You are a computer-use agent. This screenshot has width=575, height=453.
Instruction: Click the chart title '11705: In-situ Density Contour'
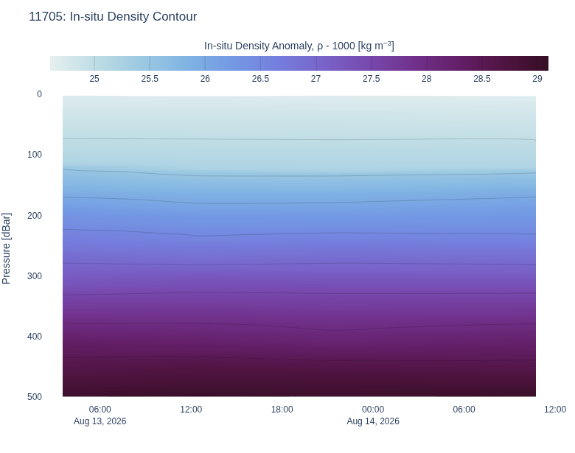113,16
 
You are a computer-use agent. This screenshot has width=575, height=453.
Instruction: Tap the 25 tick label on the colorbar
94,79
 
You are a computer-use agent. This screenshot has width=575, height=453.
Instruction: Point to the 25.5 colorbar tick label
150,79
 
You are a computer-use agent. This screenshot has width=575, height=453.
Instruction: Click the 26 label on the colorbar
205,79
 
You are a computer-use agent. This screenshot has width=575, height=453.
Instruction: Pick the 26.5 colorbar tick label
260,79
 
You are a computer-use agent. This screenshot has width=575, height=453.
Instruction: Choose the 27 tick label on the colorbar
316,79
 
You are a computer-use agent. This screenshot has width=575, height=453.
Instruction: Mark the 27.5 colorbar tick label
371,79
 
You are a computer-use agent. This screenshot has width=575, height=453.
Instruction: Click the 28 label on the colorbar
427,79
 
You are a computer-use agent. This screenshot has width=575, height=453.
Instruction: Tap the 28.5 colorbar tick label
482,79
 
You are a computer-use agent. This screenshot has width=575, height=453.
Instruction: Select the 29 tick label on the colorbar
537,79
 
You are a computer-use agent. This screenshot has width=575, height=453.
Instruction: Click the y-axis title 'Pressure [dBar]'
6,248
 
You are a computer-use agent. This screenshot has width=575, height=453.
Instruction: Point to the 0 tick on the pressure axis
39,94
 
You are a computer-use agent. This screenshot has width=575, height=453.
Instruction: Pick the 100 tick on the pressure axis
35,155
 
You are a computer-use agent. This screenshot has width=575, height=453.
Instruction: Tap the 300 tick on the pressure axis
35,276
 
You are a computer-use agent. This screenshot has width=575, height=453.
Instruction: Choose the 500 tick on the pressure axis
35,397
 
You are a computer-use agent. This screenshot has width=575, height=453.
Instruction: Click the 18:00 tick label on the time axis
282,410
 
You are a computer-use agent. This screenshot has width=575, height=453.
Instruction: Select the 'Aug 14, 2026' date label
373,421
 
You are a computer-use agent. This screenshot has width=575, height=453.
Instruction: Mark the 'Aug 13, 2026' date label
100,421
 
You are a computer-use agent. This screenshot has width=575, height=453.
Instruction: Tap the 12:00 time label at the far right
555,410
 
